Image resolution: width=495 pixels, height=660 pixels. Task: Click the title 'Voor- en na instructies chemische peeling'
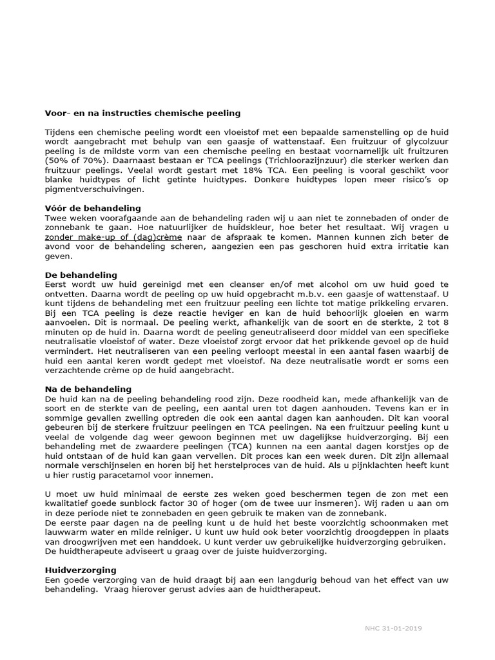point(142,113)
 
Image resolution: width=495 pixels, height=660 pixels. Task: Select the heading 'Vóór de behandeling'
point(93,208)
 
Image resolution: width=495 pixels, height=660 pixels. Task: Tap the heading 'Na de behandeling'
point(88,389)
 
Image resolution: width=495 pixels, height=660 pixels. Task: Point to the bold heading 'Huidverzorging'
point(81,570)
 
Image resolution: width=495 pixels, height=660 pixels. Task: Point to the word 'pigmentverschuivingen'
point(94,190)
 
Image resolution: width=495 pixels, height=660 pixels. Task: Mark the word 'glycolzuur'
point(425,141)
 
